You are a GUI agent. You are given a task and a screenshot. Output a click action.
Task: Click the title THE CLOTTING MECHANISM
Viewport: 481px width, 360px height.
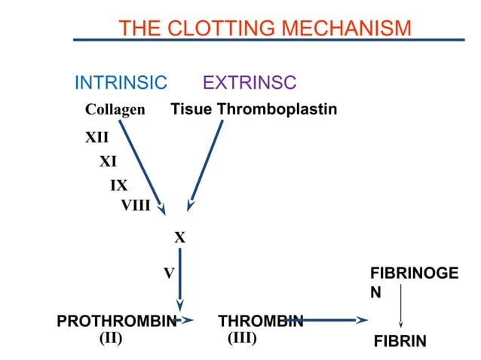265,29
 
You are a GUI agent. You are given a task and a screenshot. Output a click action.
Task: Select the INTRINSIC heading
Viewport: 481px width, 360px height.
120,83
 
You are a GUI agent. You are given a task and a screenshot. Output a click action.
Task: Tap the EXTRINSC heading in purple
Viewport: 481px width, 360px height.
250,83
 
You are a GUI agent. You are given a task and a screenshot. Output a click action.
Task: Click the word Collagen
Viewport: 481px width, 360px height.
115,110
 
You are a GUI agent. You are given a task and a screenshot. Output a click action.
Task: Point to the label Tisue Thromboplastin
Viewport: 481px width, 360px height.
254,110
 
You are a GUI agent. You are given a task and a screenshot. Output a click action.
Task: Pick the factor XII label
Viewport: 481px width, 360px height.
97,138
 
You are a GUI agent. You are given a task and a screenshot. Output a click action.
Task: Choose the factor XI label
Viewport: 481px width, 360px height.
108,161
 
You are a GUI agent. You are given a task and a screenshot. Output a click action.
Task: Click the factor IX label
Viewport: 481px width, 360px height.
118,185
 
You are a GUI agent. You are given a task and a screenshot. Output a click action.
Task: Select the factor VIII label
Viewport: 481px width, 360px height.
136,204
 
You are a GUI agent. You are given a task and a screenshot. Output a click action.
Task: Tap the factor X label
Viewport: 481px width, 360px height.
180,238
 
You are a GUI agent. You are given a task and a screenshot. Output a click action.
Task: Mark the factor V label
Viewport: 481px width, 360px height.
170,273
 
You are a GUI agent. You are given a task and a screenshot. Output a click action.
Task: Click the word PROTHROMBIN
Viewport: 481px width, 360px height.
116,322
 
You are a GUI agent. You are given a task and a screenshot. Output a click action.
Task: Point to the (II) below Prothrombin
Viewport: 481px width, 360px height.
111,338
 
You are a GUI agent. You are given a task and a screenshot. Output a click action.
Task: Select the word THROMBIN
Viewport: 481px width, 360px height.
260,322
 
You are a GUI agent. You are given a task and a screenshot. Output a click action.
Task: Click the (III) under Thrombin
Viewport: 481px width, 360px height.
242,338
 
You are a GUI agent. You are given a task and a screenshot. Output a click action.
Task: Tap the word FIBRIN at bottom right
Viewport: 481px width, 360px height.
400,342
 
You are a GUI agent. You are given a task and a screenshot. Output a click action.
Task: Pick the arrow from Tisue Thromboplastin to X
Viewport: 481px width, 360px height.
207,162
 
